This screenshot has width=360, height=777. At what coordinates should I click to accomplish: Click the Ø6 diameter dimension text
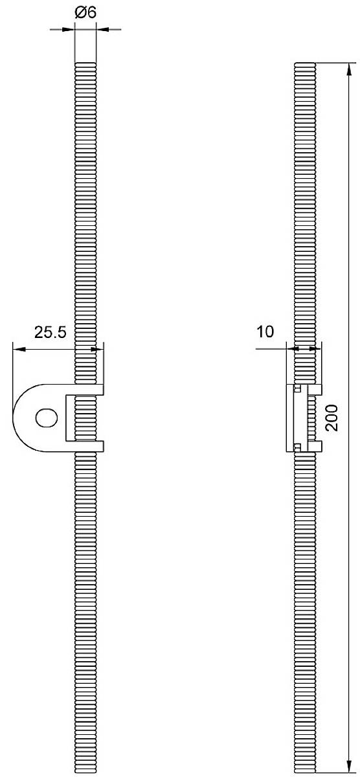[85, 12]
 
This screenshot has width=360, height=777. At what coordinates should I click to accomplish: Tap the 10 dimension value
[266, 332]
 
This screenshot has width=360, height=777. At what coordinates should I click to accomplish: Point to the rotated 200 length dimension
[332, 420]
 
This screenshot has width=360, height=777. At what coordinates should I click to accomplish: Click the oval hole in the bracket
[47, 418]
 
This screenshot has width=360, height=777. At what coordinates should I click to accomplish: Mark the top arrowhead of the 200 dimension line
[350, 67]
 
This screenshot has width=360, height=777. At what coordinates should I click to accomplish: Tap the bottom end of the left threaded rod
[85, 770]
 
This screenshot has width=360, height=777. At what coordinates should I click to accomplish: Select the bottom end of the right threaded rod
[305, 770]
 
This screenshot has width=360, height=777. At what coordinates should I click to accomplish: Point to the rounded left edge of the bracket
[14, 418]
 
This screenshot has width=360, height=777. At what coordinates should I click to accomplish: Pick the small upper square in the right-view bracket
[297, 389]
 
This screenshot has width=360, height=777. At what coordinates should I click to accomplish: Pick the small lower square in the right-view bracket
[297, 446]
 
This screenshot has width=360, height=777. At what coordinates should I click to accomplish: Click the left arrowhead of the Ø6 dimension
[69, 28]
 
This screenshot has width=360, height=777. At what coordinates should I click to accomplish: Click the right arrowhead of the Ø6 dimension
[102, 28]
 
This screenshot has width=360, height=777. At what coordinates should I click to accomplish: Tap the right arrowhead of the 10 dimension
[316, 349]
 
